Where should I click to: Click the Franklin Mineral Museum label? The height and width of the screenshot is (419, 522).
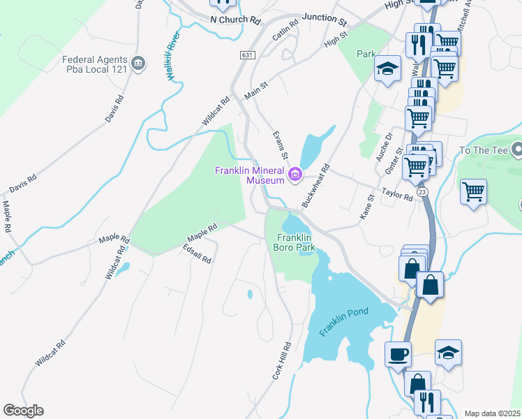click(250, 175)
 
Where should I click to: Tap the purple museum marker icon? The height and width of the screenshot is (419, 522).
click(294, 175)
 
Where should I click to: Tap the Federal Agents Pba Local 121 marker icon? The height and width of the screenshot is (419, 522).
click(138, 64)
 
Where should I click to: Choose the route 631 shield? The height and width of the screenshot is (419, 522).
click(246, 54)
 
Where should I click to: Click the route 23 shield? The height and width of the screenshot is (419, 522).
click(422, 191)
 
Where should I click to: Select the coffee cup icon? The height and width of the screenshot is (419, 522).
click(398, 354)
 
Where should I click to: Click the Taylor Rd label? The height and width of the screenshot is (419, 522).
click(397, 193)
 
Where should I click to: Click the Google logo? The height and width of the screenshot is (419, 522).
click(23, 411)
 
